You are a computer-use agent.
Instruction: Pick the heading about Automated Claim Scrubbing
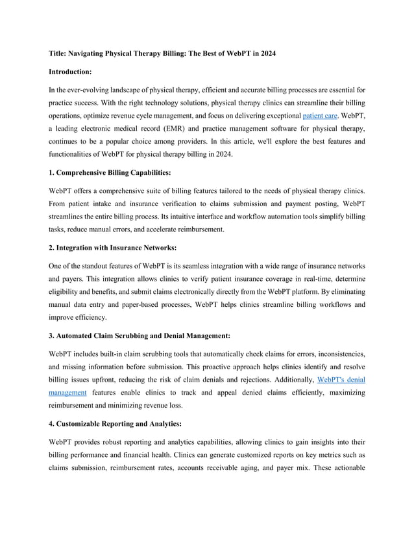[140, 336]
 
